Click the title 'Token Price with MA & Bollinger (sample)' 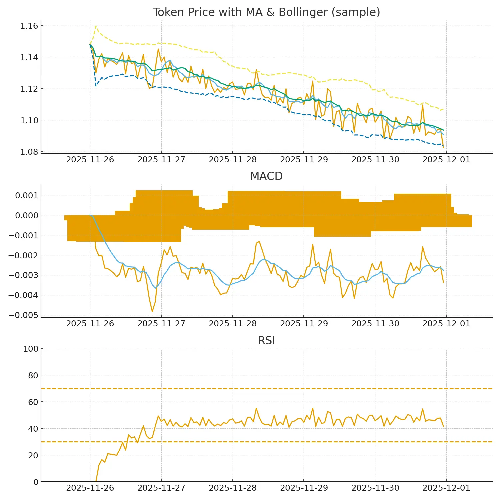click(266, 12)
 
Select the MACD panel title click(266, 176)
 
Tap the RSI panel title click(266, 341)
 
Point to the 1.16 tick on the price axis click(29, 26)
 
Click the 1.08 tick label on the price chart click(29, 152)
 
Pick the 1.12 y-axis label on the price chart click(29, 89)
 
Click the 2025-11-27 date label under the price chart click(161, 160)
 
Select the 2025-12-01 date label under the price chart click(446, 160)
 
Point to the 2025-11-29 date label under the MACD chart click(304, 324)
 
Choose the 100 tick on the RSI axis click(31, 349)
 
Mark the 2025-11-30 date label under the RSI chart click(375, 488)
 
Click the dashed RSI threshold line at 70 click(267, 389)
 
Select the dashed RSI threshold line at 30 click(267, 442)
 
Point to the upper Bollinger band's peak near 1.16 click(96, 26)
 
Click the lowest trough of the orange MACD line click(152, 312)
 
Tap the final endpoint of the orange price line click(443, 147)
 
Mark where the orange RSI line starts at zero click(96, 481)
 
